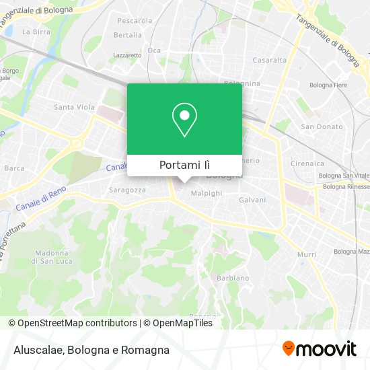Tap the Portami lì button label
click(184, 165)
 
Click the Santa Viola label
click(74, 107)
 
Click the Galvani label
click(252, 200)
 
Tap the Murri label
click(307, 254)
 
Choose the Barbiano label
click(233, 278)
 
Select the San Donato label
click(322, 126)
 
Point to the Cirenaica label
click(307, 163)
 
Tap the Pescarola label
click(134, 21)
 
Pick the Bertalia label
click(128, 35)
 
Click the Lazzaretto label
click(127, 55)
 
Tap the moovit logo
click(319, 348)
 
